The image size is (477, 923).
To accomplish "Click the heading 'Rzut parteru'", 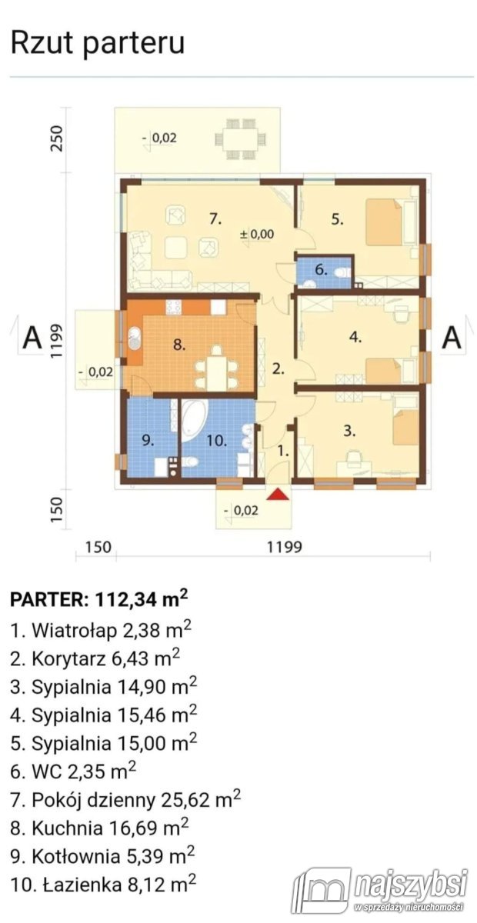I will [97, 43].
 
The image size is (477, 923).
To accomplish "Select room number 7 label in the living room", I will [215, 219].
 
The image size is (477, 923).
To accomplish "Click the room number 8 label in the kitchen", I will [179, 345].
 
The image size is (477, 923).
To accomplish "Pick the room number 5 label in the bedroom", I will [336, 219].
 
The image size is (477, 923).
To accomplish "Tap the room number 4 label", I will [355, 336].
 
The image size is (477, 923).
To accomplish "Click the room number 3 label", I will [349, 432].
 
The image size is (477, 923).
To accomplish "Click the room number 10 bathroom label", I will [215, 441].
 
